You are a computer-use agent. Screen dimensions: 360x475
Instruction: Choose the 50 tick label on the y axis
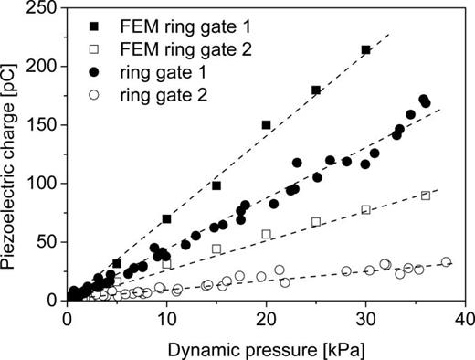pos(44,242)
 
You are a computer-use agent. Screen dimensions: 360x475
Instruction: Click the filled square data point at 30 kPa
pos(366,50)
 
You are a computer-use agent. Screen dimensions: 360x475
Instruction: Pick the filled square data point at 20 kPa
pos(267,124)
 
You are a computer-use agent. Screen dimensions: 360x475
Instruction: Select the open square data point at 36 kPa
pos(426,196)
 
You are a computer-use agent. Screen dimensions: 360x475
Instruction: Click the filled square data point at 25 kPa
pos(316,90)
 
